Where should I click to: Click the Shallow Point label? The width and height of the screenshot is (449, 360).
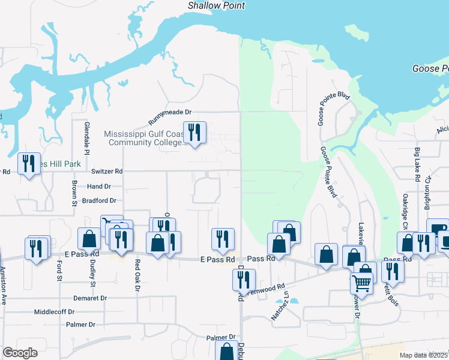coord(216,5)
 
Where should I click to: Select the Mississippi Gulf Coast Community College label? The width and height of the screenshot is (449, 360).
coord(144,139)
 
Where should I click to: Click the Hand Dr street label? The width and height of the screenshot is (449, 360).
coord(99,187)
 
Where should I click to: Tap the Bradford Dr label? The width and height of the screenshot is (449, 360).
coord(99,200)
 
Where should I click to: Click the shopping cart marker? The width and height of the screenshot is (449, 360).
coord(362,281)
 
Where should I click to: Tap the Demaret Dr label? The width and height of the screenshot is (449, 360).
coord(90,298)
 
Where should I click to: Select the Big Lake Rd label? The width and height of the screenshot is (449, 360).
coord(417,163)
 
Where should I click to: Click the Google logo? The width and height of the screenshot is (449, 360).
coord(20,353)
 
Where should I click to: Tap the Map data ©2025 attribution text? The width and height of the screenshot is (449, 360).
coord(424,355)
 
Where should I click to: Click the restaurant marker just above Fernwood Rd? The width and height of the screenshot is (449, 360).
coord(244,279)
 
